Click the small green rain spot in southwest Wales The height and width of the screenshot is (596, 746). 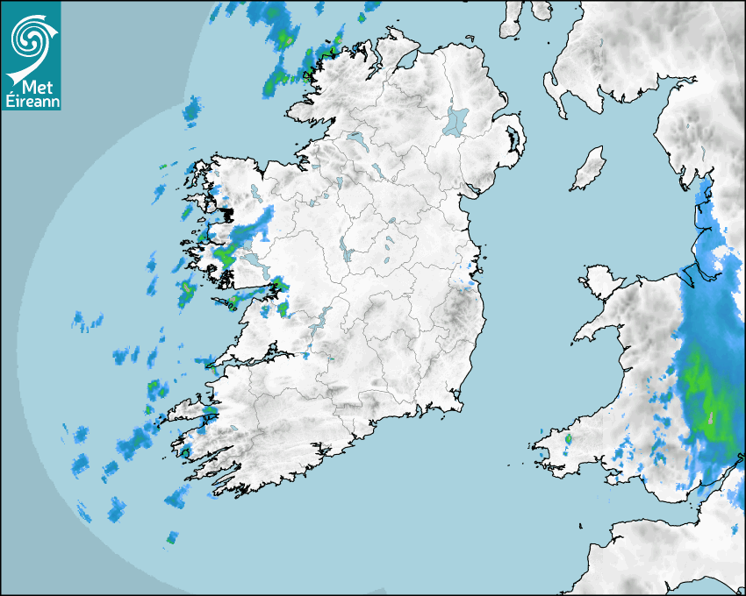point(568,438)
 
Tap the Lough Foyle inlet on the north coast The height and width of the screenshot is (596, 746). point(405,61)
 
